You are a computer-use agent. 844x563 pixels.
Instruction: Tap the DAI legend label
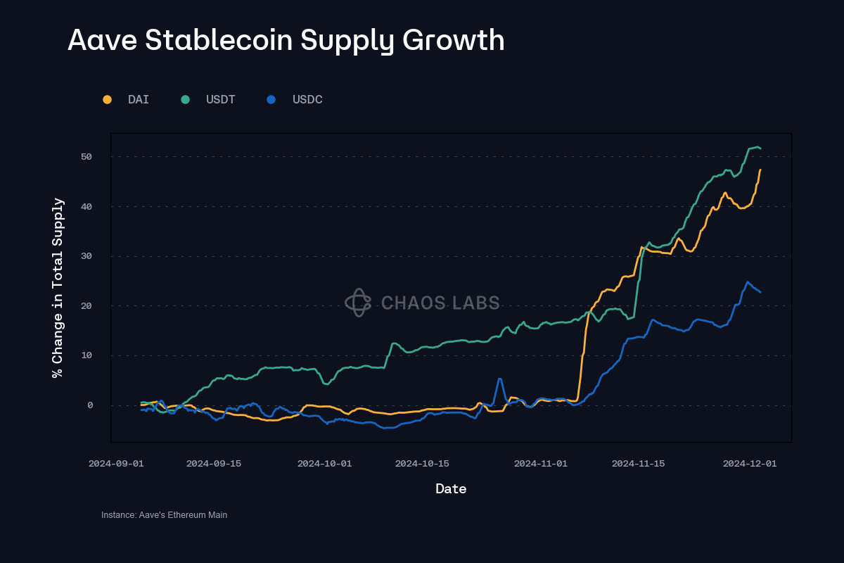139,99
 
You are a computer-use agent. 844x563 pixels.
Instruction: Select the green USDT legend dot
185,99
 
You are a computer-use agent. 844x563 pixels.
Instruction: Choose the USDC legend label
307,99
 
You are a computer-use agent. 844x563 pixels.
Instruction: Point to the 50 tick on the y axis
87,156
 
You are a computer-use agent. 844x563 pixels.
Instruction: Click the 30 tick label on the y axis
87,256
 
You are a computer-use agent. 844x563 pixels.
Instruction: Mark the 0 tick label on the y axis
90,405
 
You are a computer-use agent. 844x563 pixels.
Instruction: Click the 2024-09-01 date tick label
116,463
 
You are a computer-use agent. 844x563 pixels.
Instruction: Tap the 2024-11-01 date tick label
540,463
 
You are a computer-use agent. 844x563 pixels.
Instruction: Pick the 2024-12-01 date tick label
750,463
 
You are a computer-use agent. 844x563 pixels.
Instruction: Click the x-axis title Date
451,488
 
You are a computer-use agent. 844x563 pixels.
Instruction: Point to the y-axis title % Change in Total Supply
58,287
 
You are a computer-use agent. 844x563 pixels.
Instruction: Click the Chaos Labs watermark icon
358,303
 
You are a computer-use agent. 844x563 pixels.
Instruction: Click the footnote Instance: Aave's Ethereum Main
164,515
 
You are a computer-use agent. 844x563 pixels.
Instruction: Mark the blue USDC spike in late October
499,379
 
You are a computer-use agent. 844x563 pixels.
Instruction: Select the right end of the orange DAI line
760,170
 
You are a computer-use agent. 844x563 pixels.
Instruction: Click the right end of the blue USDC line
760,292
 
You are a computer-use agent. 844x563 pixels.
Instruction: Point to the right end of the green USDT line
760,148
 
